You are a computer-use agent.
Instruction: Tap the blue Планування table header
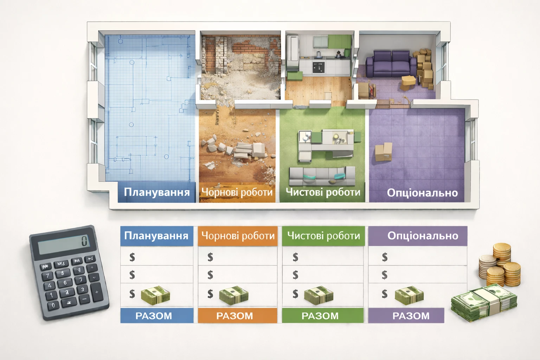(x=156, y=236)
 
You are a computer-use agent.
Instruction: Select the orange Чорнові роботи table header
(x=238, y=236)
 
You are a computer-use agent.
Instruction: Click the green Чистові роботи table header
(x=323, y=236)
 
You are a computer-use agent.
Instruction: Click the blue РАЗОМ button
(x=156, y=316)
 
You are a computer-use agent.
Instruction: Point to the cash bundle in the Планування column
(x=155, y=295)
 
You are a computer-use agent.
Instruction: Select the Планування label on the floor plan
(x=157, y=192)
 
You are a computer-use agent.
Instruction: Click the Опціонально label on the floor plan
(x=422, y=193)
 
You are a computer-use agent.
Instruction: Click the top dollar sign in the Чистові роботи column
(x=295, y=257)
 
